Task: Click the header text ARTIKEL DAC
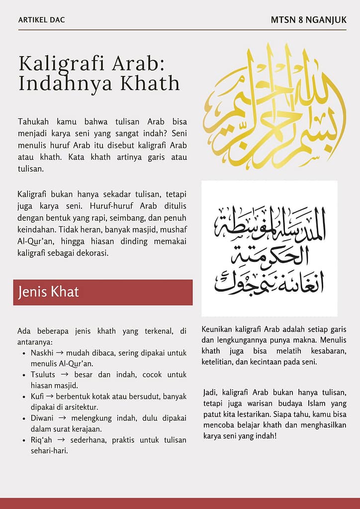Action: tap(41, 20)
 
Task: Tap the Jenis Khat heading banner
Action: tap(103, 292)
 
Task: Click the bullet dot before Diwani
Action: tap(25, 419)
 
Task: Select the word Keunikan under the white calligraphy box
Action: tap(219, 330)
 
